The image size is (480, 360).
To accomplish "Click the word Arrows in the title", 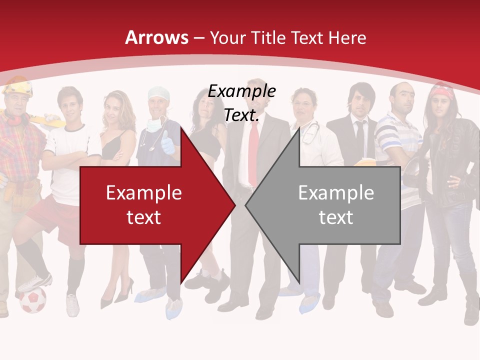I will click(156, 37).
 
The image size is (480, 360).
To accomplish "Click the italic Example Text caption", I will click(242, 103).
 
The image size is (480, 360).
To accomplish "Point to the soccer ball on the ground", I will click(32, 300).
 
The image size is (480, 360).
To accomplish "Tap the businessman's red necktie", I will click(254, 150).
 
